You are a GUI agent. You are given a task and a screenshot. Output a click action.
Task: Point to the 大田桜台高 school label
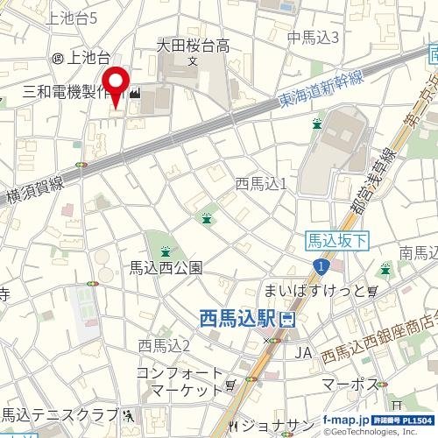(x=193, y=46)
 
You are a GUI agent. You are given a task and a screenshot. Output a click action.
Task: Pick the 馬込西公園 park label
(x=166, y=267)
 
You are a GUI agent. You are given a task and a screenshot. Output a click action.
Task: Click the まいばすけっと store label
(x=314, y=291)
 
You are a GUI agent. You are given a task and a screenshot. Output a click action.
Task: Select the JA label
(x=303, y=352)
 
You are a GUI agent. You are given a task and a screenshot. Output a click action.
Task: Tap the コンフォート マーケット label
(x=180, y=380)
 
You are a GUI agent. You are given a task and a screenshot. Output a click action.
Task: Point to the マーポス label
(x=350, y=385)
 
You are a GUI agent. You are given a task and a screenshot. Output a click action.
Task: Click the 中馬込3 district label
(x=314, y=36)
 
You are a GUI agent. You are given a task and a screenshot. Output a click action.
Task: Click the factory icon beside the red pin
(x=135, y=92)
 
